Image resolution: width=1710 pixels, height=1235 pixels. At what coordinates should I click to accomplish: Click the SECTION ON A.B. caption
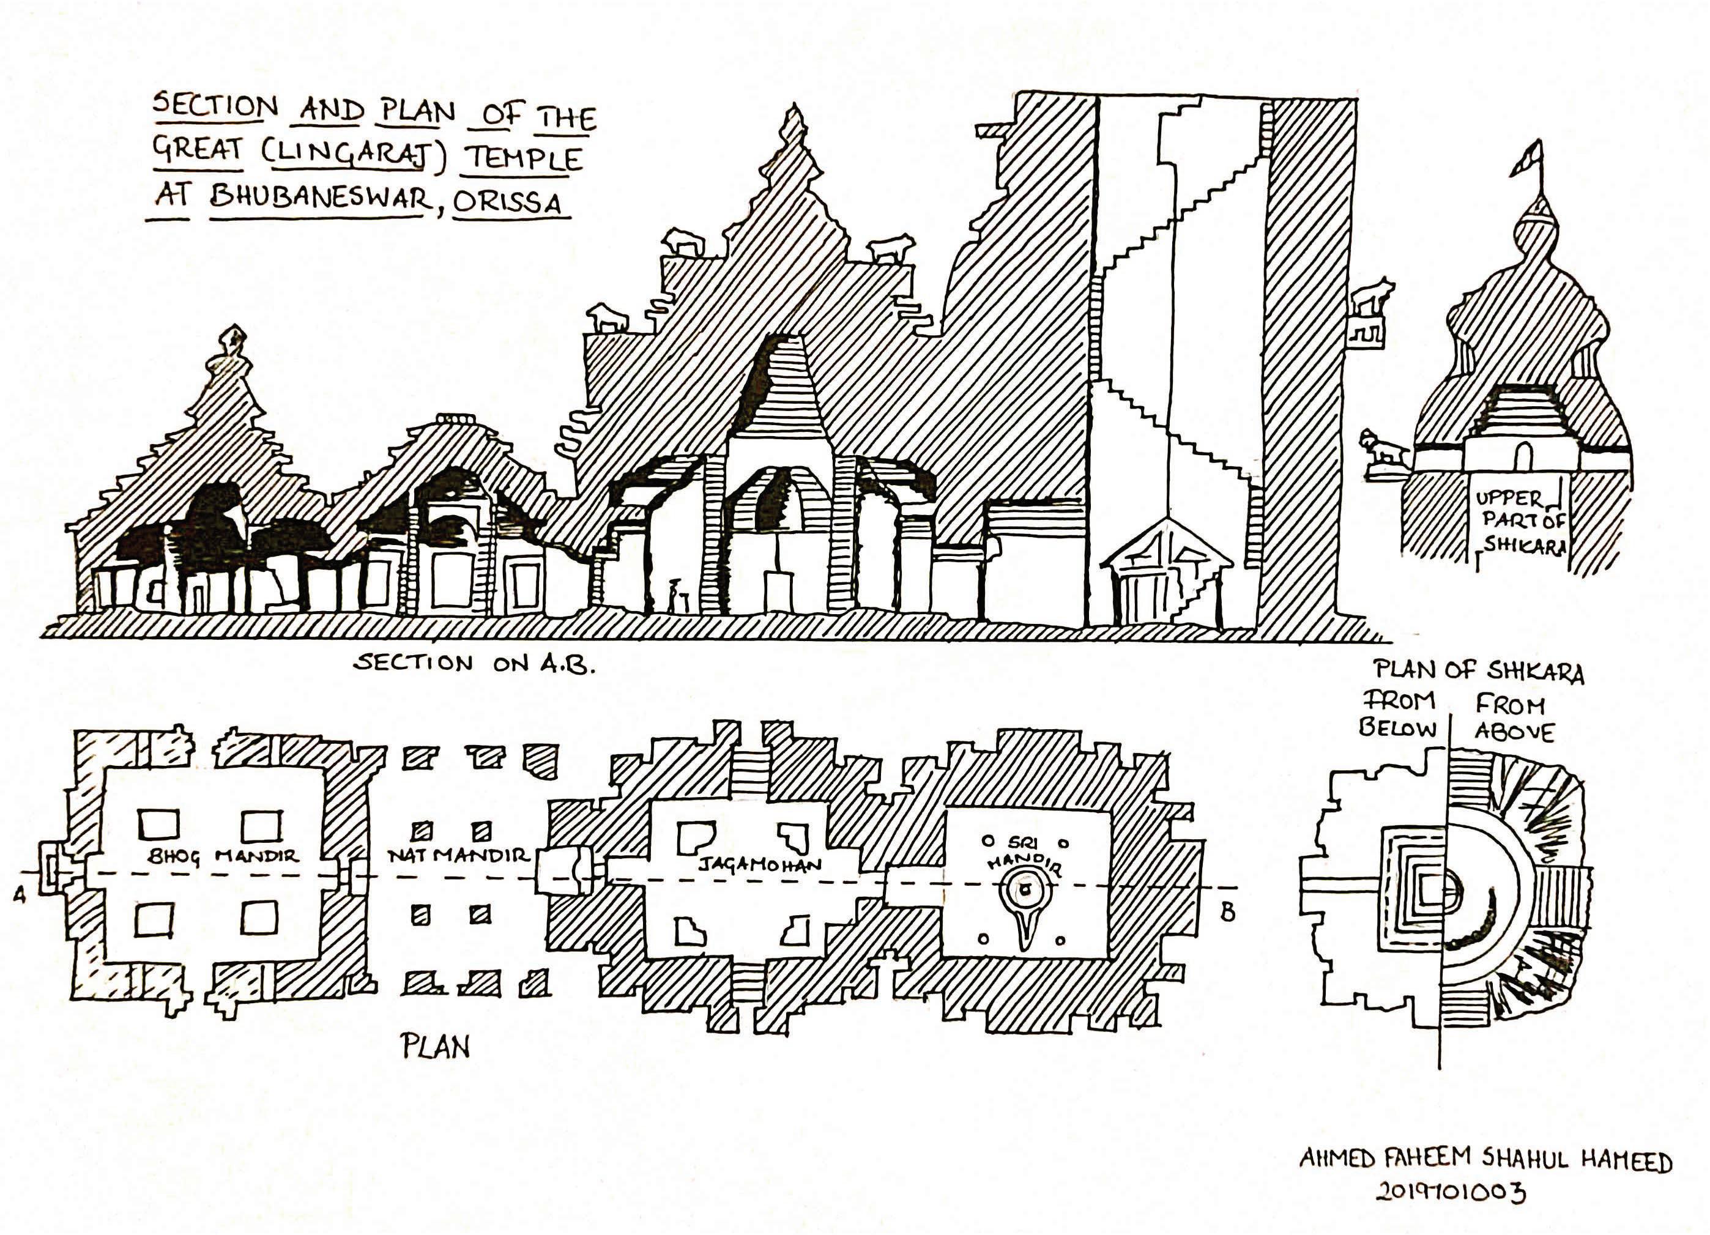pyautogui.click(x=474, y=664)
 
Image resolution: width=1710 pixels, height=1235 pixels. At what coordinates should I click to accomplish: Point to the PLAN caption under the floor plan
pyautogui.click(x=435, y=1047)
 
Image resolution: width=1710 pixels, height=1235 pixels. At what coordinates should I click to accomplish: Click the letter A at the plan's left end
pyautogui.click(x=20, y=894)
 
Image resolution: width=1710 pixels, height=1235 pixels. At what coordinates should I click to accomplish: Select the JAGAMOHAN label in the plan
pyautogui.click(x=759, y=864)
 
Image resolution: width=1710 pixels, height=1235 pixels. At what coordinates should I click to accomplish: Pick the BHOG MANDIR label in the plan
pyautogui.click(x=223, y=856)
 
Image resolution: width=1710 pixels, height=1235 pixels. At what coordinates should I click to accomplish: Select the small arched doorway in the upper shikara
pyautogui.click(x=1523, y=455)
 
